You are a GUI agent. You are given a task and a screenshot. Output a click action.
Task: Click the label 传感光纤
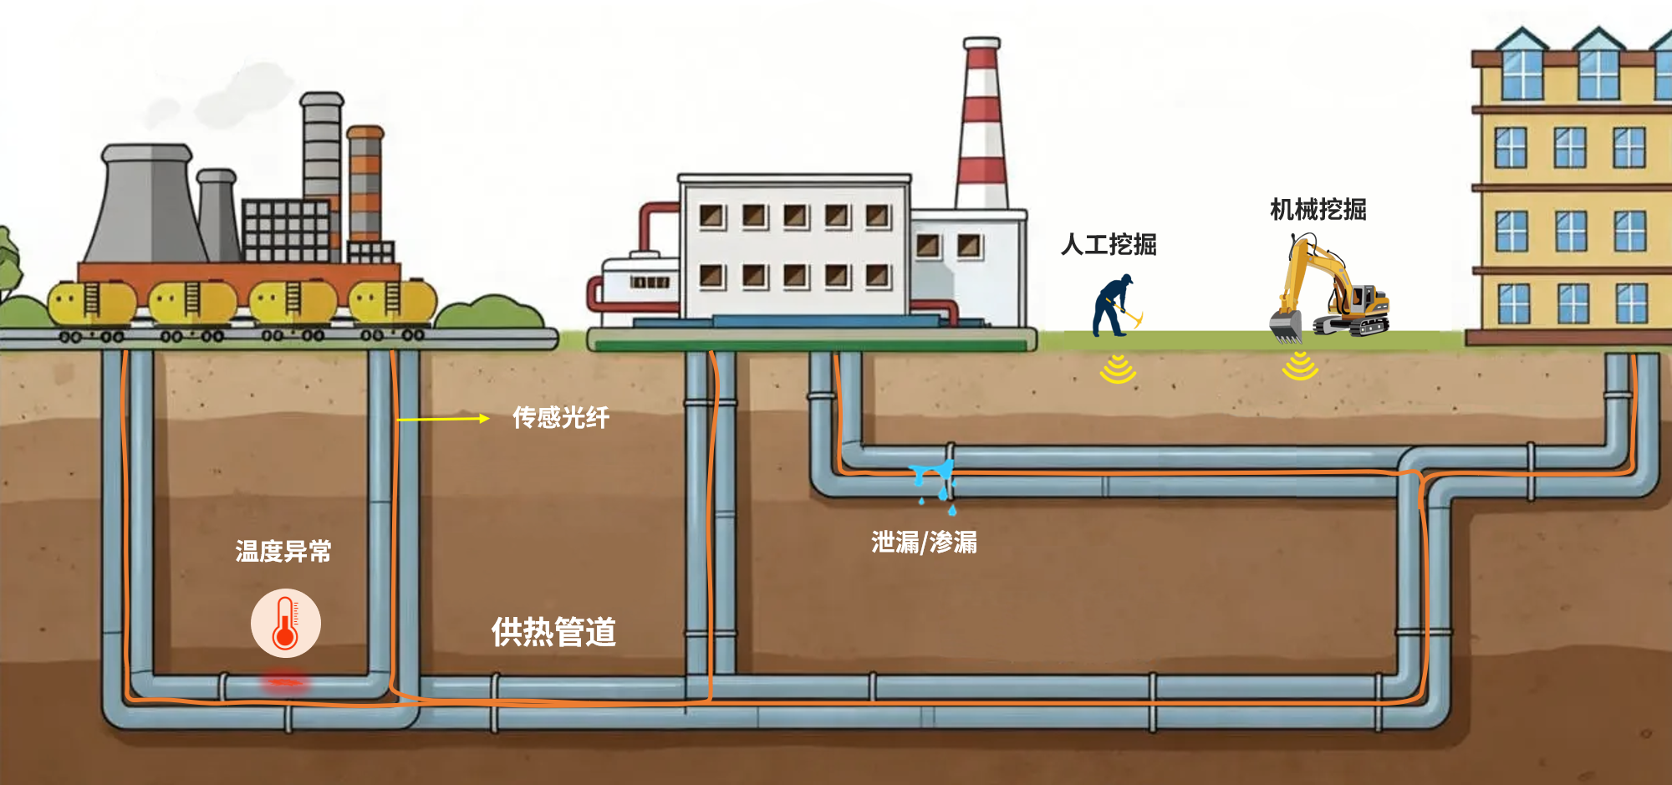pos(560,417)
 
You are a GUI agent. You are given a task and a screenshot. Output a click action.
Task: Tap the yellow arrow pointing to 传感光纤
pos(443,419)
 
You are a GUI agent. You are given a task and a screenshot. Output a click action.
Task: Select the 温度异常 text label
pos(283,551)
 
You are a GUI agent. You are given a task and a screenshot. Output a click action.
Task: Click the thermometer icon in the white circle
pos(286,623)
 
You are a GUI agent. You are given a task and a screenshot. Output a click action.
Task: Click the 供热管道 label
pos(553,631)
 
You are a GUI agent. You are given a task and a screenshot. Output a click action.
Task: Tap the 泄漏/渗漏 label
pos(924,543)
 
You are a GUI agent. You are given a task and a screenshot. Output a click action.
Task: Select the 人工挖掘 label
pos(1109,244)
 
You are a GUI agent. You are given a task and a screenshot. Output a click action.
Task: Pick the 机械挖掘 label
pos(1318,209)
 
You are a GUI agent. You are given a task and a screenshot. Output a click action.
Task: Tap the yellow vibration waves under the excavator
pos(1300,365)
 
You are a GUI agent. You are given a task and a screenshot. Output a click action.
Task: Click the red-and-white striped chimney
pos(981,125)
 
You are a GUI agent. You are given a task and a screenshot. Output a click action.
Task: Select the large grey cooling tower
pos(148,205)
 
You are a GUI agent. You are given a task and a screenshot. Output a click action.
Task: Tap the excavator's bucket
pos(1286,325)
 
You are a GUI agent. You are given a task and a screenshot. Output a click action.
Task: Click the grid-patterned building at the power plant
pos(286,230)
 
